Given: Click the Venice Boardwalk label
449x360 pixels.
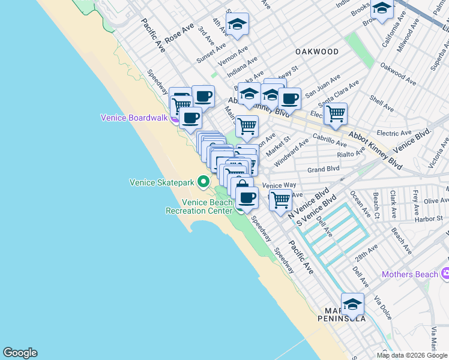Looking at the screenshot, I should pyautogui.click(x=133, y=118).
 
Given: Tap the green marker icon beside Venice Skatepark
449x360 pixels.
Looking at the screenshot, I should pyautogui.click(x=204, y=181).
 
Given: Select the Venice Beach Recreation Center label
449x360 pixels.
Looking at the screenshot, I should pyautogui.click(x=199, y=206).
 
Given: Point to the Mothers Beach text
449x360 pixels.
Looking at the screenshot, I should pyautogui.click(x=410, y=274).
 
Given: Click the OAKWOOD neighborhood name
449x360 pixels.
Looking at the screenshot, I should pyautogui.click(x=317, y=52).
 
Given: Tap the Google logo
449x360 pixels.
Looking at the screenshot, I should pyautogui.click(x=20, y=353).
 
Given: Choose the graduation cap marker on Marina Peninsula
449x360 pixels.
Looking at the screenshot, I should pyautogui.click(x=352, y=304).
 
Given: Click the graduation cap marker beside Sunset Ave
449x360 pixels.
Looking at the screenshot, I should pyautogui.click(x=238, y=25).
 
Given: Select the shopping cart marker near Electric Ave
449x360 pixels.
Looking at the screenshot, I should pyautogui.click(x=336, y=113).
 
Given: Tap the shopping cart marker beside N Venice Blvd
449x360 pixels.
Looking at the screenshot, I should pyautogui.click(x=280, y=200).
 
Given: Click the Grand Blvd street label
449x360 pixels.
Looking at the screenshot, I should pyautogui.click(x=324, y=170).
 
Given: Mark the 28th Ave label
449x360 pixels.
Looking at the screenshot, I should pyautogui.click(x=369, y=250).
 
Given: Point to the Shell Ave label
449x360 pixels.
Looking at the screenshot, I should pyautogui.click(x=381, y=104).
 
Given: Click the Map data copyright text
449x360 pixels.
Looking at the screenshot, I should pyautogui.click(x=412, y=355).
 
